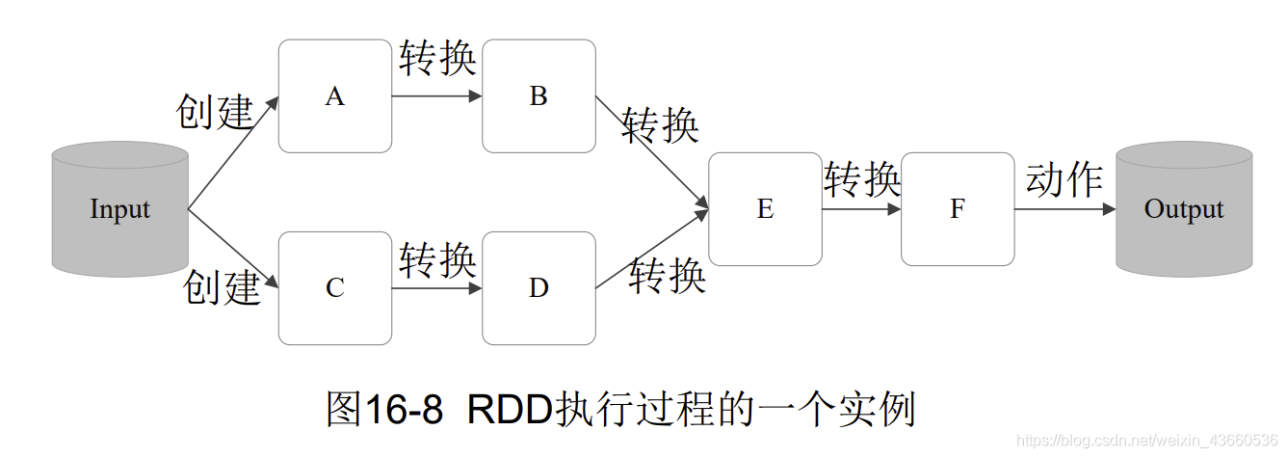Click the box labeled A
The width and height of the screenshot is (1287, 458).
click(334, 96)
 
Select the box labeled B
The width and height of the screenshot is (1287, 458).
click(538, 96)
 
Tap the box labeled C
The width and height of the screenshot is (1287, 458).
click(334, 288)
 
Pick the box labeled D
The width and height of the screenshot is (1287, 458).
click(538, 288)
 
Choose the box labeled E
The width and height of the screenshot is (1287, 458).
click(765, 209)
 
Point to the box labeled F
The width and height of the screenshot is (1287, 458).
click(958, 209)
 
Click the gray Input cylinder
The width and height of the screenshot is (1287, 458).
click(119, 209)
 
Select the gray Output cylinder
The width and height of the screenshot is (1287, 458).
click(1183, 209)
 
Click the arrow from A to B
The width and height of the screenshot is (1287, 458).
click(436, 96)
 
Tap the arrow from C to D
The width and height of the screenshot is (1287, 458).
click(436, 287)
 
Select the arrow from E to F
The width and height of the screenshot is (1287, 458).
click(861, 209)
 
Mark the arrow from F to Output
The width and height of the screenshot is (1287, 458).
click(1064, 209)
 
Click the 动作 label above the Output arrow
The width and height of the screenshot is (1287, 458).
click(1064, 179)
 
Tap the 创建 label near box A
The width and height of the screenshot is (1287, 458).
click(214, 113)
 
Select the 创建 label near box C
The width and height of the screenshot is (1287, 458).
click(222, 287)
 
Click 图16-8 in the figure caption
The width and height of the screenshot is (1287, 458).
click(384, 410)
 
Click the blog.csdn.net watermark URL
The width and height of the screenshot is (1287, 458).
click(1147, 441)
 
